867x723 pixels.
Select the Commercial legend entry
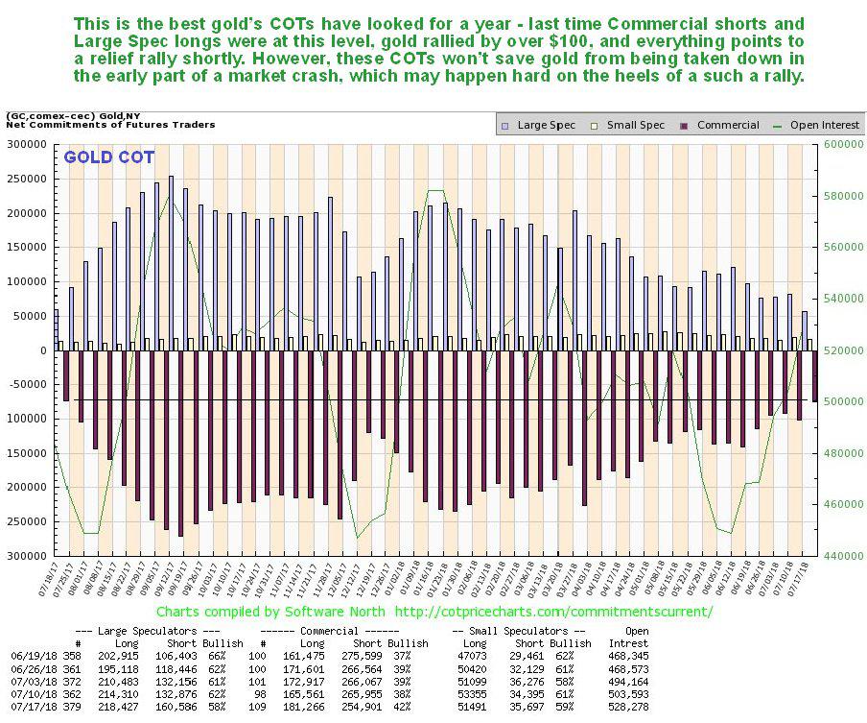(x=727, y=125)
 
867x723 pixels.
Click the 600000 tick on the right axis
(x=837, y=144)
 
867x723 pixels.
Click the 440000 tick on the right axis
(x=837, y=556)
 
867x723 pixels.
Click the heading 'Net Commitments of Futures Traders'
(x=110, y=125)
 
